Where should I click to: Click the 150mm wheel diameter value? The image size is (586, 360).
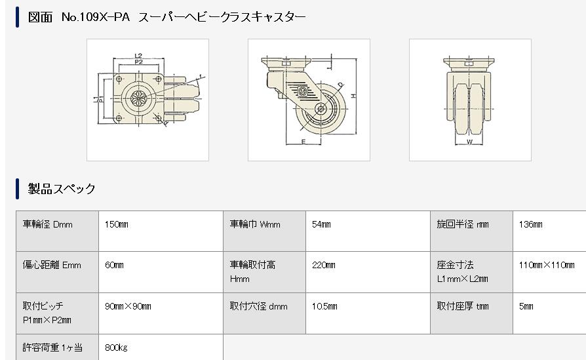(x=117, y=225)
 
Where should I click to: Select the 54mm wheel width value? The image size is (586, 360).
(x=321, y=225)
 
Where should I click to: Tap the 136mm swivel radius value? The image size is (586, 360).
(x=531, y=225)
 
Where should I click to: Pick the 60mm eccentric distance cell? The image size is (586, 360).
(x=114, y=266)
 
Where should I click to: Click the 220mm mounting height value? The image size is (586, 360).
(x=324, y=266)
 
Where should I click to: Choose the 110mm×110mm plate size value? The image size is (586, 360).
(x=547, y=266)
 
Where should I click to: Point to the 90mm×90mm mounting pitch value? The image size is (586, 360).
(x=128, y=306)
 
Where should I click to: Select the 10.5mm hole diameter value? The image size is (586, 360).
(x=324, y=306)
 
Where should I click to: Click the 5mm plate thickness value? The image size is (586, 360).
(x=526, y=306)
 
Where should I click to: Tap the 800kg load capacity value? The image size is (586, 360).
(x=116, y=348)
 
